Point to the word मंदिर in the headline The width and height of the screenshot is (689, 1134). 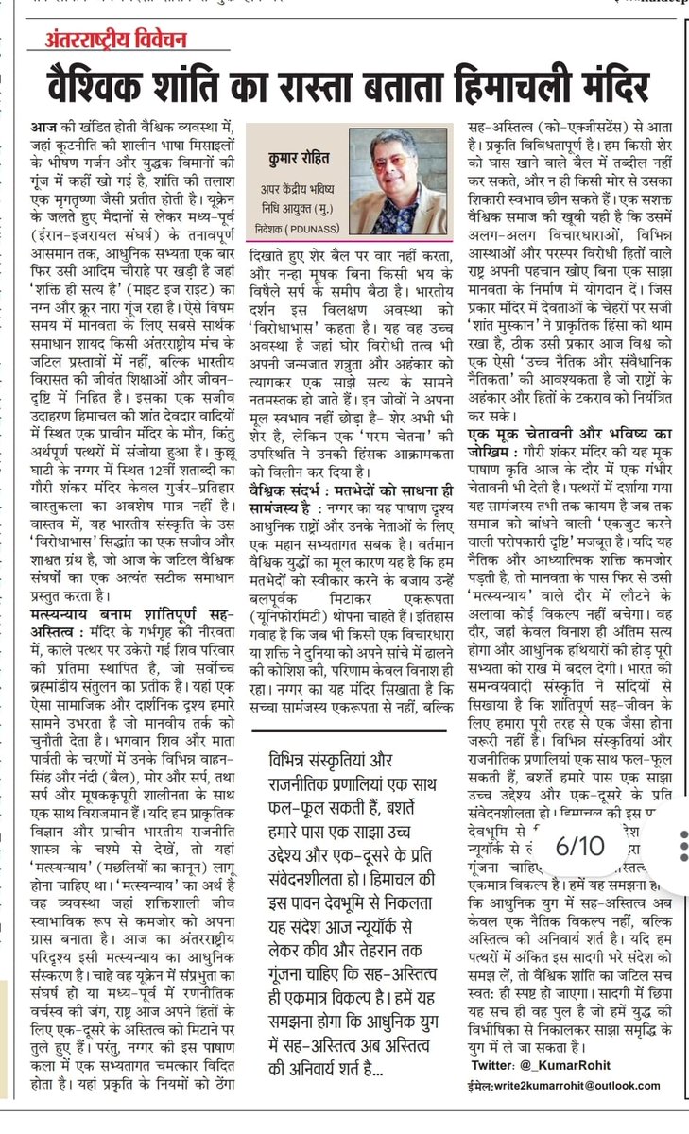pos(601,89)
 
